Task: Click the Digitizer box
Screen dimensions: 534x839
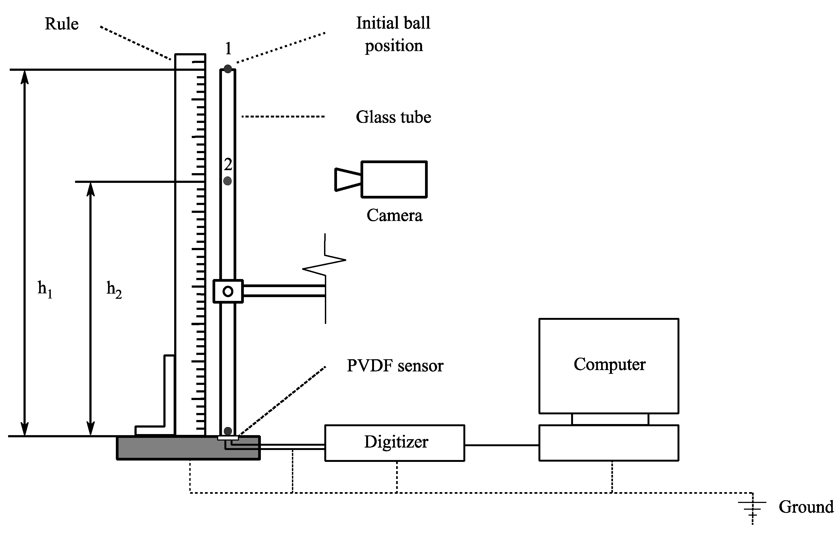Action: tap(395, 443)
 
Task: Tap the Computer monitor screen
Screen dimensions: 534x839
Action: tap(609, 366)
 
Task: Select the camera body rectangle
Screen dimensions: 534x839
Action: tap(394, 180)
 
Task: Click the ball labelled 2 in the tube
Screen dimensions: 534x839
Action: tap(228, 181)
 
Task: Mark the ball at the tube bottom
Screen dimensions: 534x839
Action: tap(228, 431)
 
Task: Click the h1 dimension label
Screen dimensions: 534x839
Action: tap(45, 289)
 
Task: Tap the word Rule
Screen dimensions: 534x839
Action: tap(62, 24)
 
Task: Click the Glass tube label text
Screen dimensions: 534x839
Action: tap(393, 117)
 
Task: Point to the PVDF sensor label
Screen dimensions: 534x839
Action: tap(395, 366)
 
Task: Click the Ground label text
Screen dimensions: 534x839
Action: tap(806, 507)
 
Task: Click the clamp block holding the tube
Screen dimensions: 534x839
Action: tap(228, 291)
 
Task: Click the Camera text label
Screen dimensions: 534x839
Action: tap(395, 216)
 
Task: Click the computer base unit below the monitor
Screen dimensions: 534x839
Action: tap(609, 443)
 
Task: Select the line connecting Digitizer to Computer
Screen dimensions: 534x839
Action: tap(502, 445)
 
